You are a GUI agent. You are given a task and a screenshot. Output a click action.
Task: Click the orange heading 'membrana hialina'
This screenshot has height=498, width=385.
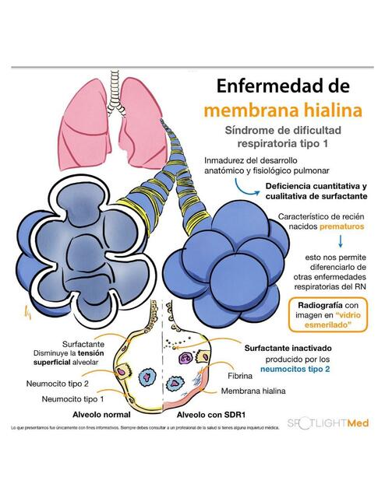click(x=283, y=110)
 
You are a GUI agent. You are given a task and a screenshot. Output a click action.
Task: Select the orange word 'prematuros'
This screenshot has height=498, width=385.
click(x=341, y=226)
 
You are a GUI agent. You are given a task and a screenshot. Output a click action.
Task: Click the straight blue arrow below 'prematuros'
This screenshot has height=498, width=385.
click(x=341, y=241)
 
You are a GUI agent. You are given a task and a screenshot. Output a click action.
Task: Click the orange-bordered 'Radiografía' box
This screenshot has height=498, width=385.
click(x=328, y=315)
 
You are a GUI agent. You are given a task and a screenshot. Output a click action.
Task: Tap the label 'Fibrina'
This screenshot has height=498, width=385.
click(x=240, y=376)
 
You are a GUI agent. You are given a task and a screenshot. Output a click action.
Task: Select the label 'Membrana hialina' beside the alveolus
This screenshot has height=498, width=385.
click(x=253, y=391)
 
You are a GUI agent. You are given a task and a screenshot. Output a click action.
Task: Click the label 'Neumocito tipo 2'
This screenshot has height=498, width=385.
click(x=57, y=384)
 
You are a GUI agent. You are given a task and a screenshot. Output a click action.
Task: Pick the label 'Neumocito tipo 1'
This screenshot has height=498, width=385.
click(x=72, y=399)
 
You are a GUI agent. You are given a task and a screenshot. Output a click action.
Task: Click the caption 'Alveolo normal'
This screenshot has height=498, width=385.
click(x=101, y=415)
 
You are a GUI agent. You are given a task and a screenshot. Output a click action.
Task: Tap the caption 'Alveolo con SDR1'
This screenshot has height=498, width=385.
click(x=211, y=415)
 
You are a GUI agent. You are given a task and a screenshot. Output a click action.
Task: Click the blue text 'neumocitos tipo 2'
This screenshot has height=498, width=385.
click(x=295, y=369)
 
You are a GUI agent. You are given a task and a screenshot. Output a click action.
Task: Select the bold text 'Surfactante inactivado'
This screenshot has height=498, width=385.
click(x=288, y=348)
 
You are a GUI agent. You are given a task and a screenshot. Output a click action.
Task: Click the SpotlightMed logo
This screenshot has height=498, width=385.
click(x=328, y=423)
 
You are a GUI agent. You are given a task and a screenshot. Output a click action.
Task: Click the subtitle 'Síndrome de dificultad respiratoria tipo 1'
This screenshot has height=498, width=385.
click(x=283, y=137)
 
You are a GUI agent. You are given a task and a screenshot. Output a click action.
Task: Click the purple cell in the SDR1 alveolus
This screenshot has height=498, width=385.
click(x=185, y=358)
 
